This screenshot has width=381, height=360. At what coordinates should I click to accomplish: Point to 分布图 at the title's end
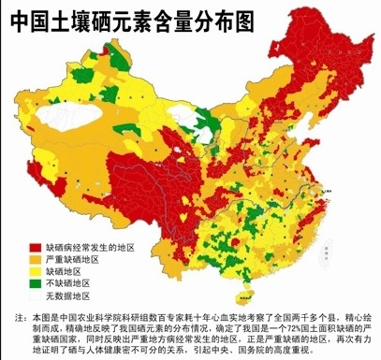click(222, 19)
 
